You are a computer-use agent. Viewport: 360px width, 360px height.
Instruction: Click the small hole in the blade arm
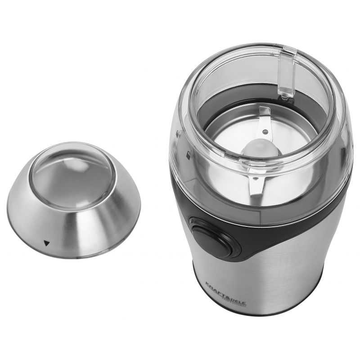click(x=265, y=132)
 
